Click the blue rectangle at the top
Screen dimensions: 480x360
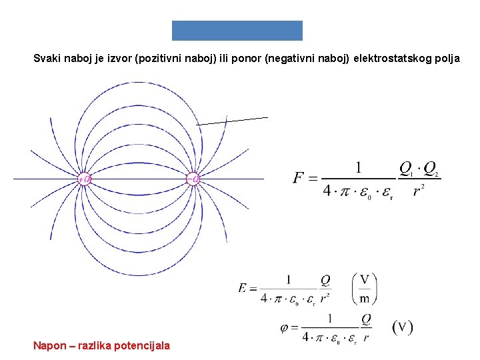tap(237, 31)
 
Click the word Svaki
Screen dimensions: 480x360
tap(47, 59)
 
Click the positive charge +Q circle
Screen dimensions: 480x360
tap(84, 179)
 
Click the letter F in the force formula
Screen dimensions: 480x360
tap(299, 178)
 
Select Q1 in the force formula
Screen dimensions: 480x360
tap(406, 168)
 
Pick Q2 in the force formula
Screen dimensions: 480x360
tap(431, 168)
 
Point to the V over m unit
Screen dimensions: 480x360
tap(364, 289)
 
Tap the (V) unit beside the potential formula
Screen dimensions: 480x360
tap(402, 327)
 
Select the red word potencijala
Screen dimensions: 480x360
tap(140, 345)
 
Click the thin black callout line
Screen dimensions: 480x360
tap(233, 121)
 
